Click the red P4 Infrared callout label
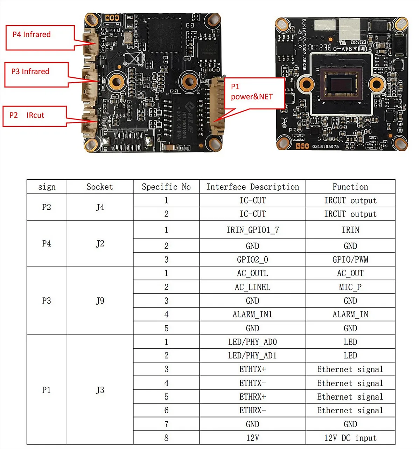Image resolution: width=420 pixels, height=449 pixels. click(x=32, y=35)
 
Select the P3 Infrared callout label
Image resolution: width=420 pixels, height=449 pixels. click(x=30, y=72)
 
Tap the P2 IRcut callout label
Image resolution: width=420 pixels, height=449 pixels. click(x=27, y=115)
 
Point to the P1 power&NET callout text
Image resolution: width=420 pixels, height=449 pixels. click(x=252, y=92)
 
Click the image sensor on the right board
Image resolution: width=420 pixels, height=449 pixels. click(x=342, y=85)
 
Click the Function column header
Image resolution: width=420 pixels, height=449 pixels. click(x=350, y=187)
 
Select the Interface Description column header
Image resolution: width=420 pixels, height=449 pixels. click(x=253, y=187)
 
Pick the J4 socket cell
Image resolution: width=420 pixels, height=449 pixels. click(x=100, y=207)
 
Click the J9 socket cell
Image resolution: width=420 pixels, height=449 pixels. click(x=100, y=301)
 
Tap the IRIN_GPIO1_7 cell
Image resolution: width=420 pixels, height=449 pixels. click(x=253, y=230)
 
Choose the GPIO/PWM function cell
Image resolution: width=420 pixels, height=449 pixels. click(x=350, y=260)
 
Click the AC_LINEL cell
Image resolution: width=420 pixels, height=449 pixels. click(x=253, y=287)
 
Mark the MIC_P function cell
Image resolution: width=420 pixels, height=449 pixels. click(x=350, y=287)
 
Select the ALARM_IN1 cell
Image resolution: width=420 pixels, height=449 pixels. click(x=253, y=315)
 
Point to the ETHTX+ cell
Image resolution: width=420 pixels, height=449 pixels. click(x=253, y=369)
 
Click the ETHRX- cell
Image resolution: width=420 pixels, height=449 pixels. click(x=253, y=410)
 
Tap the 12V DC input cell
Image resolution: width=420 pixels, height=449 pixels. click(x=350, y=438)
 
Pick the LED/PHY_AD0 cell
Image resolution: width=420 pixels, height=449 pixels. click(x=253, y=342)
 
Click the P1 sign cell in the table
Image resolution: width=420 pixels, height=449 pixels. click(x=47, y=390)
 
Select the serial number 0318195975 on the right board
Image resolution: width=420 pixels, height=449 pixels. click(x=325, y=146)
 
